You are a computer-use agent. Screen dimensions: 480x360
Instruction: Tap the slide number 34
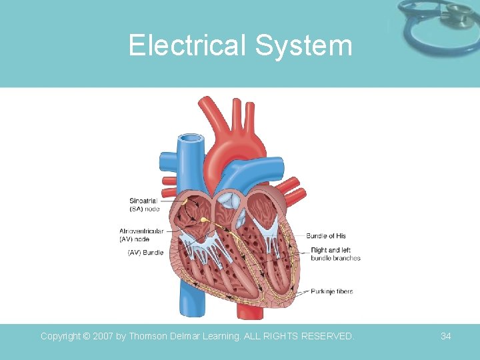point(446,337)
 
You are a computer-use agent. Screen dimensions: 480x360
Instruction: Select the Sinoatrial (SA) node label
point(145,204)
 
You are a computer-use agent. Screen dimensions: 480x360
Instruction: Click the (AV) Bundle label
point(145,253)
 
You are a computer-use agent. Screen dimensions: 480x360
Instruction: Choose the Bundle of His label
point(326,235)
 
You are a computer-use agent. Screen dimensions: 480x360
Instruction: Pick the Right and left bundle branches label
point(335,254)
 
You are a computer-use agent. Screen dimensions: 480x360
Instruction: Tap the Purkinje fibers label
point(331,291)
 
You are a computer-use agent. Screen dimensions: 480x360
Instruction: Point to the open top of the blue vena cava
point(190,139)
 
